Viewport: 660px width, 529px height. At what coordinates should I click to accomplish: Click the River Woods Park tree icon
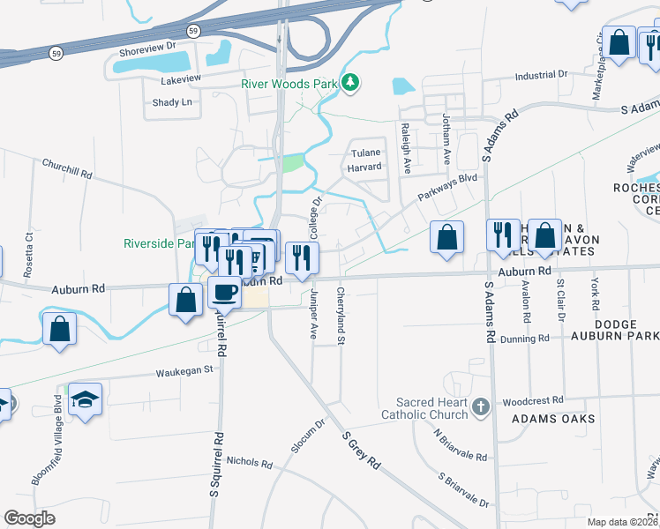click(x=351, y=83)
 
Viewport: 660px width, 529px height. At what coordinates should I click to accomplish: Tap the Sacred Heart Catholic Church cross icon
click(x=480, y=406)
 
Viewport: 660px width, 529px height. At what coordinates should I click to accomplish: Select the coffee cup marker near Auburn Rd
click(x=224, y=292)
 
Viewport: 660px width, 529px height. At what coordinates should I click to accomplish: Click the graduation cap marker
click(x=86, y=400)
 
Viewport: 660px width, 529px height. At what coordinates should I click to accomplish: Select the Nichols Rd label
click(x=249, y=461)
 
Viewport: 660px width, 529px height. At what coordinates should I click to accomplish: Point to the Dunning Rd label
click(x=524, y=338)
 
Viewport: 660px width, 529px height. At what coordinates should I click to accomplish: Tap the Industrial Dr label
click(x=546, y=76)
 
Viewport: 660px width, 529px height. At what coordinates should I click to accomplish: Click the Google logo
click(x=30, y=518)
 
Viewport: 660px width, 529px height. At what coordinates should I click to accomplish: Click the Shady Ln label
click(x=172, y=102)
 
